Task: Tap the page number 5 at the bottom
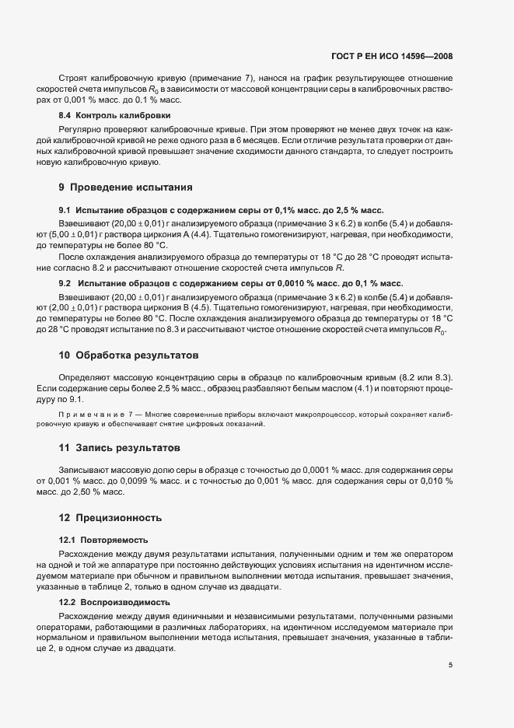coord(450,665)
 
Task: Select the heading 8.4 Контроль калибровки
coord(104,115)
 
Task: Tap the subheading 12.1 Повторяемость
coord(103,539)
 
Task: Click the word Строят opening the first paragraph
coord(73,78)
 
